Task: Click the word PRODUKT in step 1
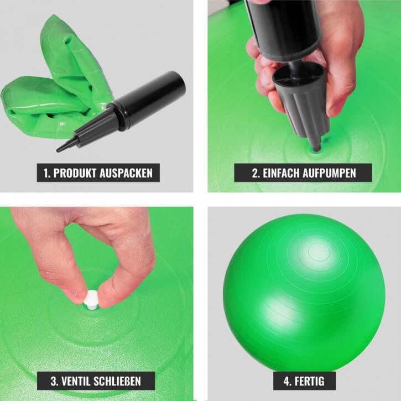[75, 173]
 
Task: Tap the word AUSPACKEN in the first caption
[126, 173]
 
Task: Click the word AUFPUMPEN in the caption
[329, 173]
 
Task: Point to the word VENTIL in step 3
[76, 381]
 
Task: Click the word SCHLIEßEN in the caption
[117, 381]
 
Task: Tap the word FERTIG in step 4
[309, 381]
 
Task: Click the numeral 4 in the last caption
[287, 381]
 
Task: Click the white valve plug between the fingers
[90, 299]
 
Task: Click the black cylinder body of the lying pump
[152, 99]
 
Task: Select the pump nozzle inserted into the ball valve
[316, 144]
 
